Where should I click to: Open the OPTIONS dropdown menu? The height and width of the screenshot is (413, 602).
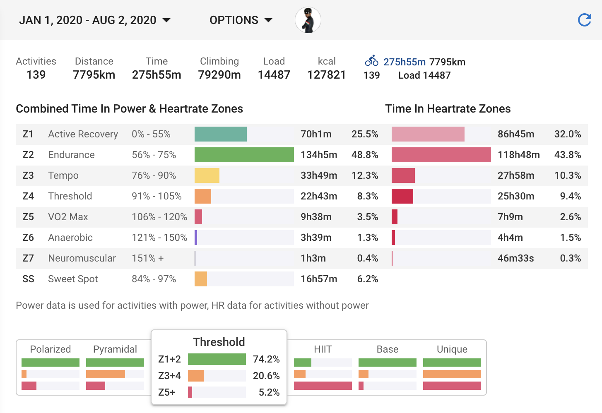(241, 20)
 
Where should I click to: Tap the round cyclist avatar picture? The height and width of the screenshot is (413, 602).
(308, 20)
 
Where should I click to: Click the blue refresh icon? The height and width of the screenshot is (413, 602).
(584, 20)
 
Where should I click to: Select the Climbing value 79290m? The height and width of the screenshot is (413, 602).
(219, 75)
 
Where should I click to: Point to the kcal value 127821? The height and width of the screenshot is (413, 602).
(326, 75)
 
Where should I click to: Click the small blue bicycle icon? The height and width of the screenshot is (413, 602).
(371, 61)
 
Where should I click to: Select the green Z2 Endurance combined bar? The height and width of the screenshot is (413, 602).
(244, 155)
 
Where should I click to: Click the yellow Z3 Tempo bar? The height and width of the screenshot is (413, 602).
(207, 175)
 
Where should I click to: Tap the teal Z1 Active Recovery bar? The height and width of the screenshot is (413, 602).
(220, 134)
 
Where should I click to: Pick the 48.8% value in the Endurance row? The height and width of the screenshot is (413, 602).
(364, 155)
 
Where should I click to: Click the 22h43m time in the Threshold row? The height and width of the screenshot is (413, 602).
(318, 196)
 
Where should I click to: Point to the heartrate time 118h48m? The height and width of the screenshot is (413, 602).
(518, 155)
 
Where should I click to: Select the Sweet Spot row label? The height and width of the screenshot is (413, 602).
(73, 279)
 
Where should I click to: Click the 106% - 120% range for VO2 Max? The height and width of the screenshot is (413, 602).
(159, 217)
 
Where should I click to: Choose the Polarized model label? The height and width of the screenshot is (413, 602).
(50, 349)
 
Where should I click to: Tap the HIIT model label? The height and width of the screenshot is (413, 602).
(323, 349)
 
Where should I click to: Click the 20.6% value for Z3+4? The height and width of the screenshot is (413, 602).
(266, 376)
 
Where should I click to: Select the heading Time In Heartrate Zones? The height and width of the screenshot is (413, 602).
(448, 109)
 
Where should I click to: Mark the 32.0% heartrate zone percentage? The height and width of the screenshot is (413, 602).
(567, 134)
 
